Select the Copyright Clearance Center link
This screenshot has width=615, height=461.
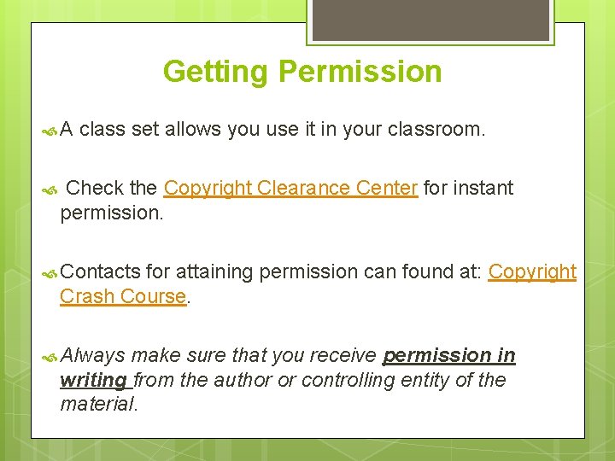pyautogui.click(x=290, y=188)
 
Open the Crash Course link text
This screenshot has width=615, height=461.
pyautogui.click(x=123, y=296)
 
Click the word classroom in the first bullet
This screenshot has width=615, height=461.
pyautogui.click(x=436, y=130)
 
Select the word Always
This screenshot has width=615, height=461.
pyautogui.click(x=93, y=355)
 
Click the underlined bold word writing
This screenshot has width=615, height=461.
pyautogui.click(x=93, y=380)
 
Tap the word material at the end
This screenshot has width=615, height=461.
pyautogui.click(x=97, y=404)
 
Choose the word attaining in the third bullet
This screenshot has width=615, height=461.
pyautogui.click(x=214, y=272)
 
